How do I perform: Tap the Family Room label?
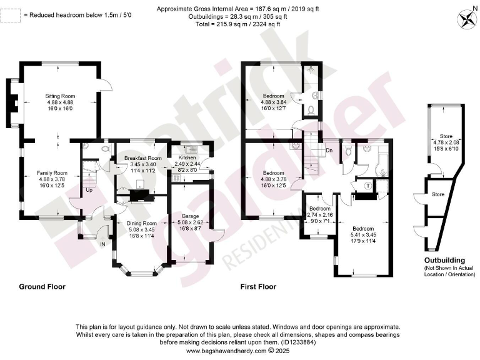[52, 172]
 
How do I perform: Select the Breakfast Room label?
[142, 159]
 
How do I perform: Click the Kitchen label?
[188, 157]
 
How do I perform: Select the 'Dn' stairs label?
[329, 150]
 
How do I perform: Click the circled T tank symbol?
[367, 186]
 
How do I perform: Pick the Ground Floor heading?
[42, 287]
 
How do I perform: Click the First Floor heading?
[258, 287]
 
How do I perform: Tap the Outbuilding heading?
[444, 260]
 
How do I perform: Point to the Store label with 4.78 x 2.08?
[446, 136]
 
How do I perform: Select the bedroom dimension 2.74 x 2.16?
[319, 214]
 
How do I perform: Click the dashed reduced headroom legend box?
[9, 15]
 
